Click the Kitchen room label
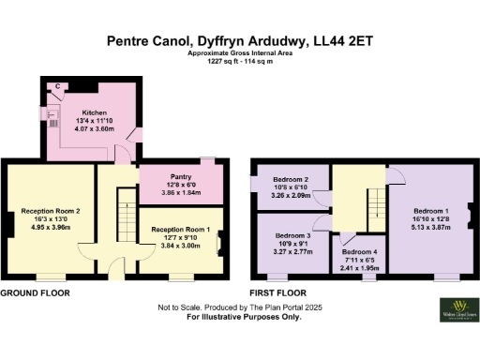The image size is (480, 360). click(x=92, y=110)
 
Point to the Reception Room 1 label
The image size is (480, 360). click(x=180, y=231)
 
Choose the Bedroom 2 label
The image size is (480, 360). click(x=292, y=178)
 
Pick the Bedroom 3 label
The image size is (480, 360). click(x=292, y=236)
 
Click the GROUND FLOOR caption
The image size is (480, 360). click(x=31, y=293)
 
